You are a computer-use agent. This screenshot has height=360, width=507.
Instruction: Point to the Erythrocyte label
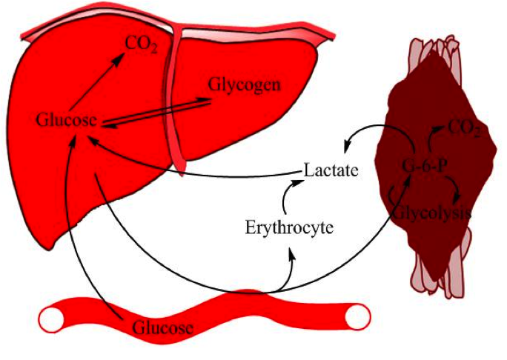[289, 227]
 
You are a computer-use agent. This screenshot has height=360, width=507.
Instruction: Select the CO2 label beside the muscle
[465, 131]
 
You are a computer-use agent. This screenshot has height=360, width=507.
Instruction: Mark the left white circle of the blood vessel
[53, 320]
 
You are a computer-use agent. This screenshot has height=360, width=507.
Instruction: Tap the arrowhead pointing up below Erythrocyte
[294, 254]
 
